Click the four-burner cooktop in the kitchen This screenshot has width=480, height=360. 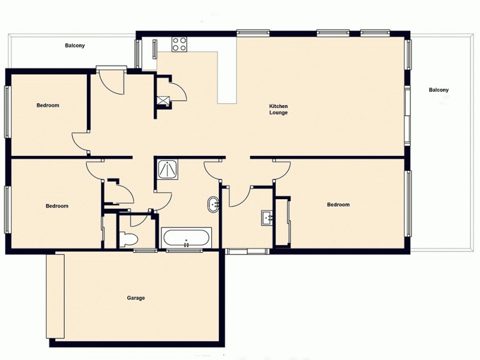coord(179,43)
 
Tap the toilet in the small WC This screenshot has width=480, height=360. coord(128,239)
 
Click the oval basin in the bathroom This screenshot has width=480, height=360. coord(214,205)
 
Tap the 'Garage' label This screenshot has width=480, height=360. coord(136,298)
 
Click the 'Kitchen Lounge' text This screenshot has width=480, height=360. coord(278,109)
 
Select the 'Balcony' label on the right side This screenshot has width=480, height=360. coord(439,90)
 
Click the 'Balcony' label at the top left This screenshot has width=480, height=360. coord(75,46)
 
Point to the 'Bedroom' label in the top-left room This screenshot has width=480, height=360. coord(48,106)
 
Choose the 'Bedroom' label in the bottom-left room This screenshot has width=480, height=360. coord(57,206)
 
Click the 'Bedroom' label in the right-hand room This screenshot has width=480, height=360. coord(338,205)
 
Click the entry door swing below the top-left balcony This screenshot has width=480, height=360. coord(111,82)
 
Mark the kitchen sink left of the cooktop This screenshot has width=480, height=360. coord(155,48)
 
